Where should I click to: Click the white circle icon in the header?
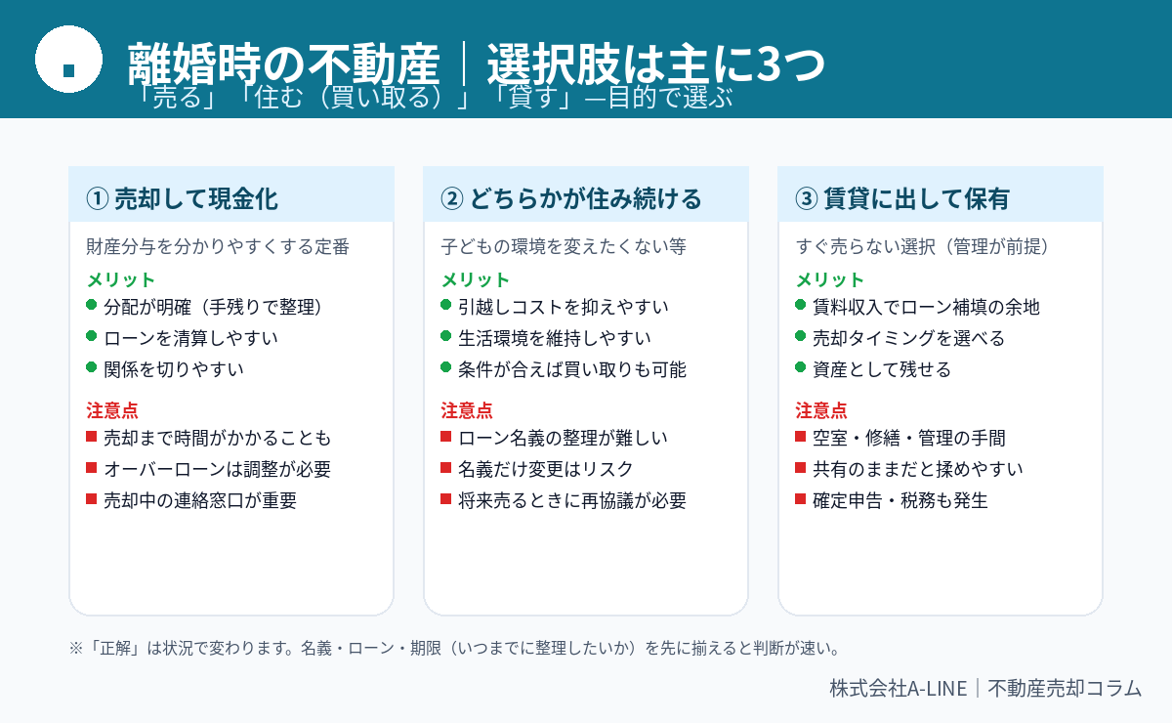coord(68,60)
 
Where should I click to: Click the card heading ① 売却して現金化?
coord(182,199)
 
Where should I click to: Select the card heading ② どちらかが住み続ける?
coord(570,199)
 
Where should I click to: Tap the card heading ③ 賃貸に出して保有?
coord(902,199)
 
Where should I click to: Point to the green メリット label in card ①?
coord(121,280)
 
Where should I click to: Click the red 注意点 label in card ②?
coord(467,410)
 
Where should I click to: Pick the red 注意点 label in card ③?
coord(821,410)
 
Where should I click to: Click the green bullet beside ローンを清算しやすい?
coord(92,336)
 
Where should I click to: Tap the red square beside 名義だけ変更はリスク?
coord(445,467)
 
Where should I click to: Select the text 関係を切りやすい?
coord(174,369)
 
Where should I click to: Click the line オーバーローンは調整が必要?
coord(217,469)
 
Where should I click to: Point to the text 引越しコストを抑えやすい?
coord(563,307)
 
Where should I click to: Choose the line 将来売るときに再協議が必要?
coord(572,500)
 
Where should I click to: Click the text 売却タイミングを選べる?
coord(908,338)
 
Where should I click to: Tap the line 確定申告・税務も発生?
coord(900,500)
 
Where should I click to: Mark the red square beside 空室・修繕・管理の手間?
coord(800,436)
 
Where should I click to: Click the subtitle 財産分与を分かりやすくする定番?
coord(218,246)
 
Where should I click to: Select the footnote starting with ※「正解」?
coord(454,648)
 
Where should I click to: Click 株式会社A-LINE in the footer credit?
coord(899,688)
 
